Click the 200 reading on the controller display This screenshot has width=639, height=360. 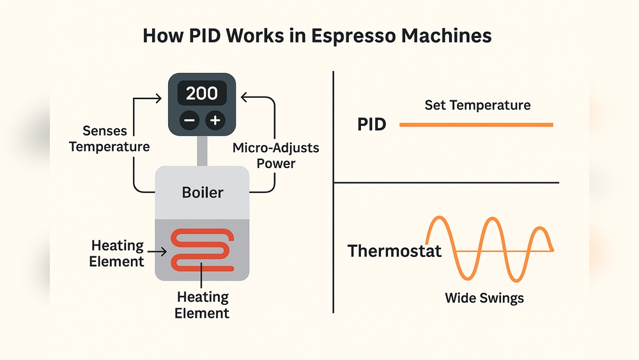202,93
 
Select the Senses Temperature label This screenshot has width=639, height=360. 109,139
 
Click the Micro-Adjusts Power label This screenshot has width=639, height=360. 276,155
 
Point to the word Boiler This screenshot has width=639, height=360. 202,192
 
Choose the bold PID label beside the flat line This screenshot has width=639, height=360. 371,124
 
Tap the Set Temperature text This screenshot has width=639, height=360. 477,105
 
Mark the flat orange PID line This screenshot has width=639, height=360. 476,125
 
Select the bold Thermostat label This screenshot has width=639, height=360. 394,250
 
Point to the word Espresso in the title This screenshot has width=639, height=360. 350,35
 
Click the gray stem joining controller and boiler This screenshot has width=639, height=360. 202,150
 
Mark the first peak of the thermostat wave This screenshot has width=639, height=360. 438,219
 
